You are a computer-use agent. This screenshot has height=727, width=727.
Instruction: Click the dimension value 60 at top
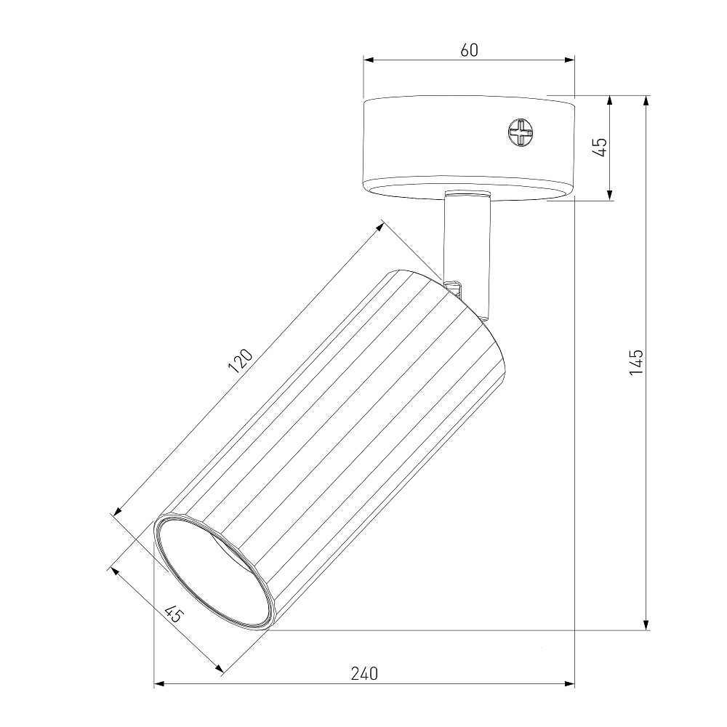(x=469, y=50)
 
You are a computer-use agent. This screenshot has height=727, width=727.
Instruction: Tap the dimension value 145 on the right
(x=637, y=362)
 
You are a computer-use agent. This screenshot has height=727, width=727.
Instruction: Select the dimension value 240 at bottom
(x=364, y=673)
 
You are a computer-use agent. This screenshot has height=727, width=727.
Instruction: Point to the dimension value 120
(x=241, y=361)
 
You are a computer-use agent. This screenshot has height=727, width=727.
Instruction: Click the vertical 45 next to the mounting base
(x=601, y=148)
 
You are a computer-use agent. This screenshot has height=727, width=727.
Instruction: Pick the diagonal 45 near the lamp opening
(x=174, y=614)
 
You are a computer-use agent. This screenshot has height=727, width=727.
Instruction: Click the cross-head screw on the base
(x=521, y=132)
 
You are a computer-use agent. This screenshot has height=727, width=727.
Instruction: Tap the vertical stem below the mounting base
(x=467, y=246)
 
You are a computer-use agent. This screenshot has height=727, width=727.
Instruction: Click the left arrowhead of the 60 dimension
(x=369, y=60)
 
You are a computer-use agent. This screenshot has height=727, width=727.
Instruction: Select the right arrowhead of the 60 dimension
(x=569, y=60)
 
